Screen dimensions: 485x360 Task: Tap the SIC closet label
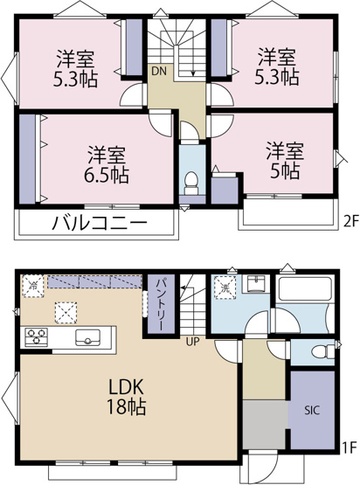311,408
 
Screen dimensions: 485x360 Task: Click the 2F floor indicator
347,221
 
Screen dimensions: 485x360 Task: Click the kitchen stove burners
38,336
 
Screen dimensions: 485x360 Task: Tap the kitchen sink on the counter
87,336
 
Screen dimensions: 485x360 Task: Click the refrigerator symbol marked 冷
32,285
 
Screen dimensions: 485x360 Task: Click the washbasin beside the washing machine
256,286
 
